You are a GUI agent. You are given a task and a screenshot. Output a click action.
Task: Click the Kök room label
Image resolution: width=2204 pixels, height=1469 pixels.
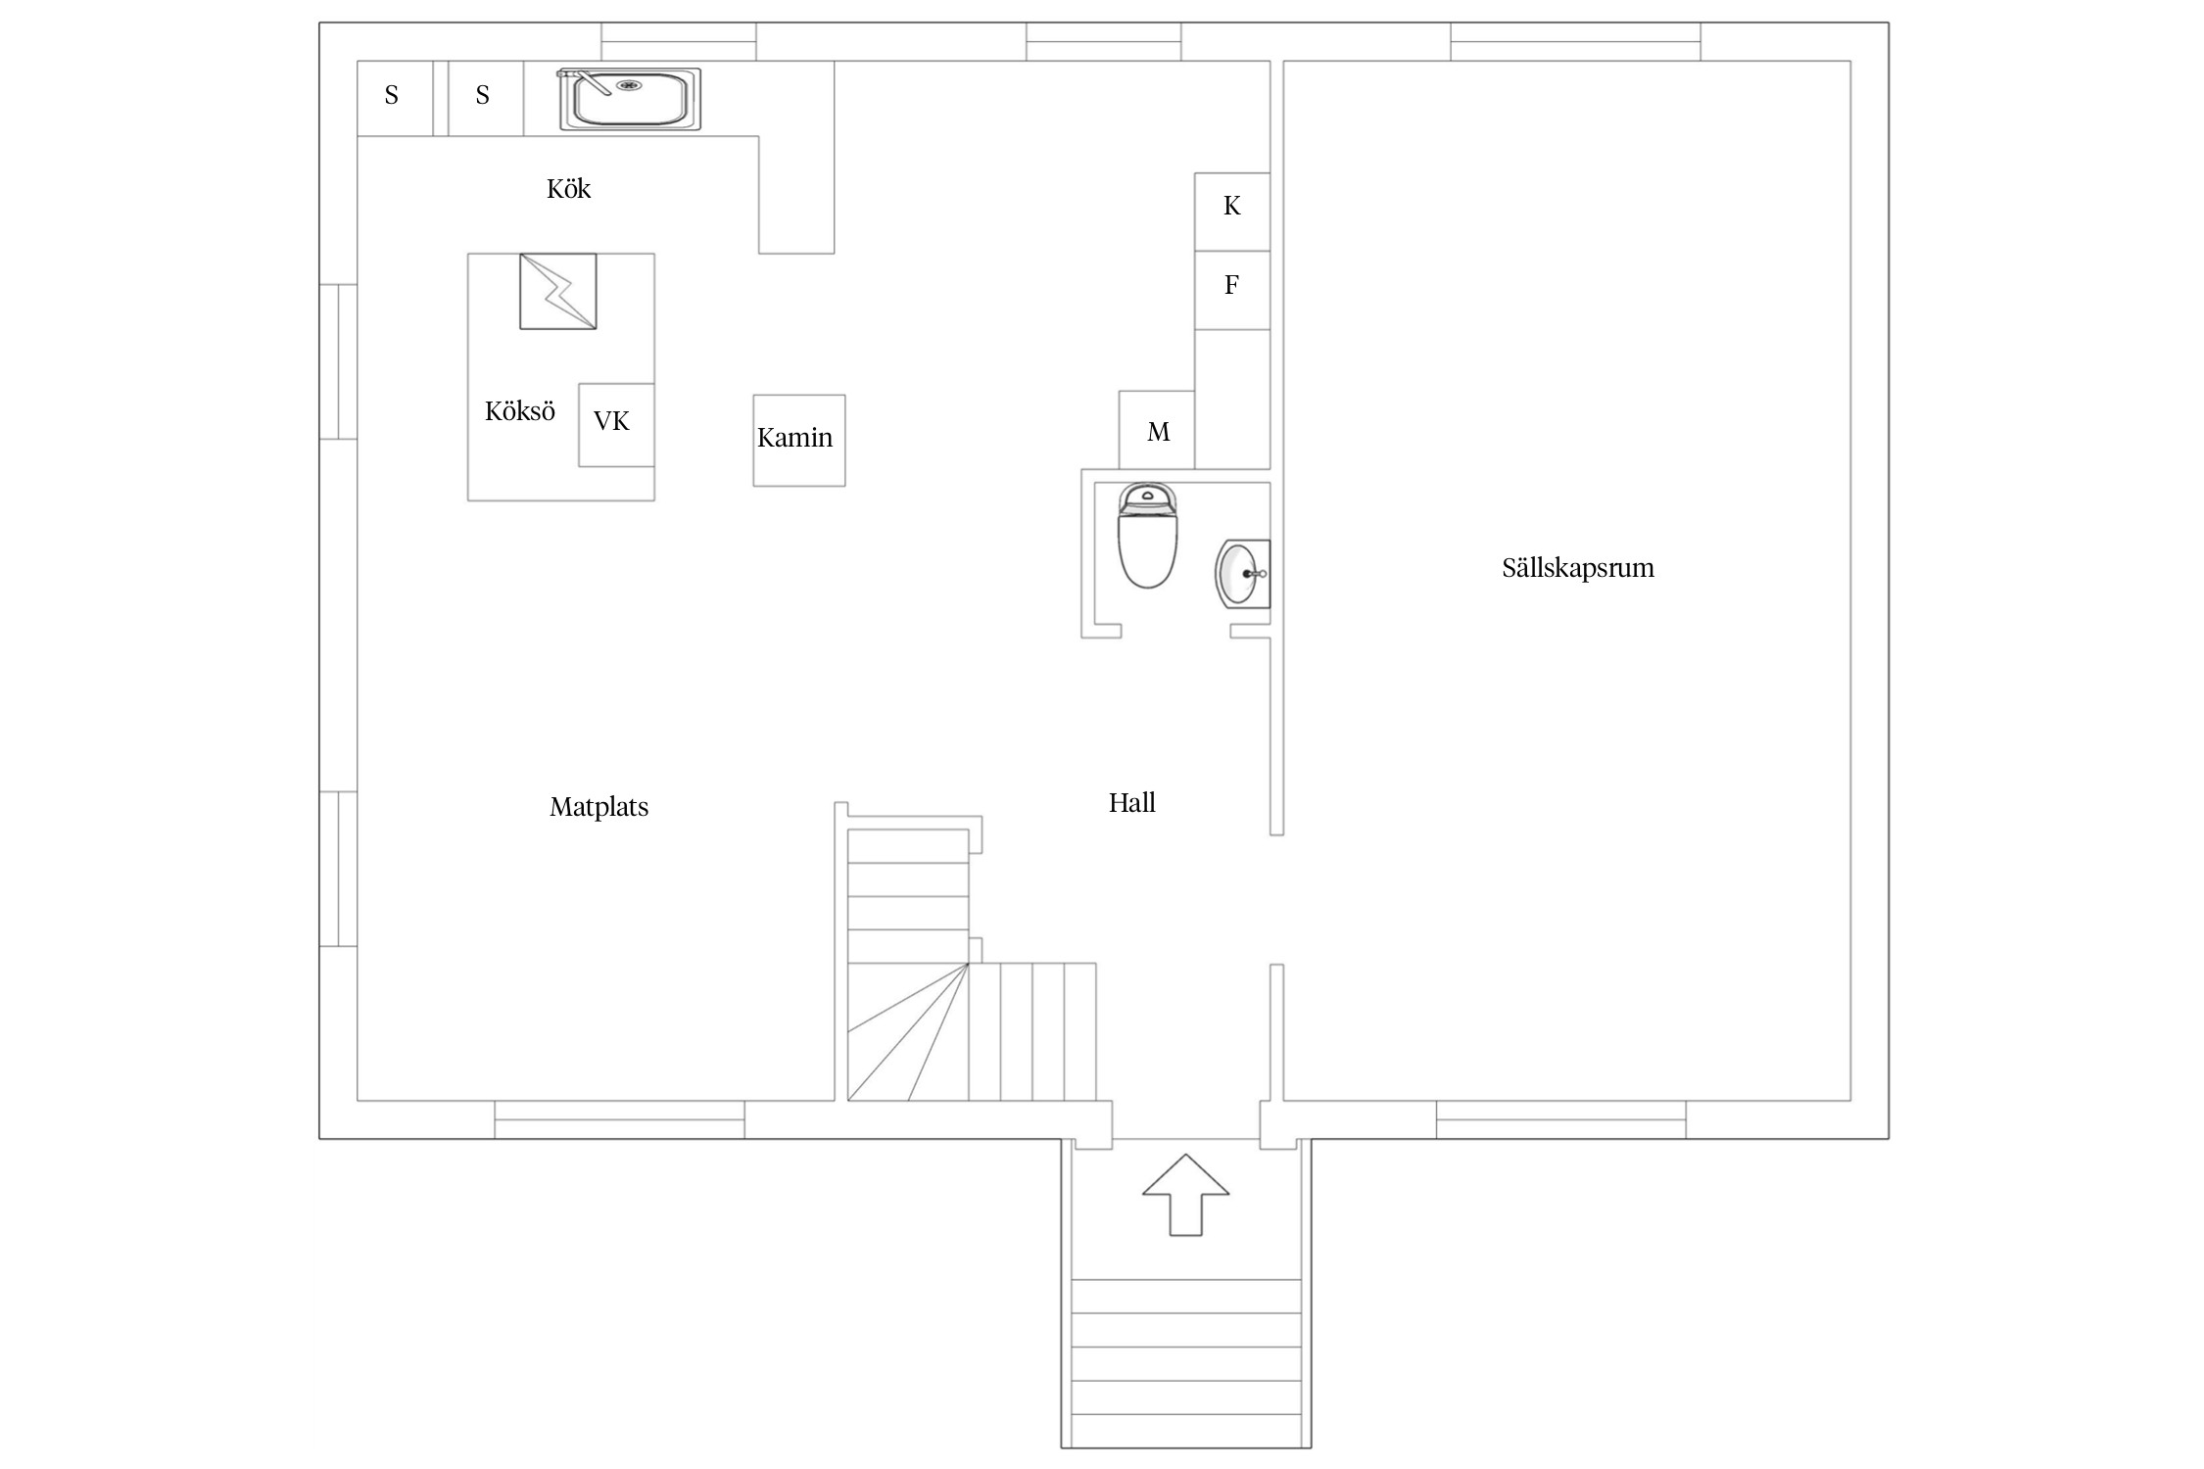pyautogui.click(x=568, y=188)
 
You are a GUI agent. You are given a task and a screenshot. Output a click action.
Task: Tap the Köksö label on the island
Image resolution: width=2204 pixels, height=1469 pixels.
pyautogui.click(x=519, y=410)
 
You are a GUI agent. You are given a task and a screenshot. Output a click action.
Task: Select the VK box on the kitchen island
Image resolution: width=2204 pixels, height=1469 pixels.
pyautogui.click(x=616, y=425)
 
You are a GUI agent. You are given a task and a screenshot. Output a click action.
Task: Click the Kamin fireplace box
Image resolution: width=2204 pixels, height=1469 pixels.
pyautogui.click(x=798, y=440)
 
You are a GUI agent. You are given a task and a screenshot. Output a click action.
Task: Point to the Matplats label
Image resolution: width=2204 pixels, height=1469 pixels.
pyautogui.click(x=599, y=807)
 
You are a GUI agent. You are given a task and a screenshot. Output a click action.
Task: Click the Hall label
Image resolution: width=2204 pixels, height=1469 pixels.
pyautogui.click(x=1131, y=803)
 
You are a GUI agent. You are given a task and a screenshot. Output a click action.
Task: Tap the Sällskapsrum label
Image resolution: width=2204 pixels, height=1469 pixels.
pyautogui.click(x=1577, y=568)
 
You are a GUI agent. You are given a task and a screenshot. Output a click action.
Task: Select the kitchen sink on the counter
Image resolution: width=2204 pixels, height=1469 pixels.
pyautogui.click(x=630, y=98)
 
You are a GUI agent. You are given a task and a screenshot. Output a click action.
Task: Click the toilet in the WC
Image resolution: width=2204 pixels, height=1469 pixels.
pyautogui.click(x=1147, y=535)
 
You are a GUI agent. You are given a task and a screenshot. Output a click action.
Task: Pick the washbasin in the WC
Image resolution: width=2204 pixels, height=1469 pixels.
pyautogui.click(x=1242, y=574)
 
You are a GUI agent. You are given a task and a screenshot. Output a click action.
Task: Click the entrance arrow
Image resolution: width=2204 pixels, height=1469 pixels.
pyautogui.click(x=1185, y=1194)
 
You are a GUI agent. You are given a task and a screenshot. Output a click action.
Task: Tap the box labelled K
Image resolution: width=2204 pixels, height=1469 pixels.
pyautogui.click(x=1232, y=212)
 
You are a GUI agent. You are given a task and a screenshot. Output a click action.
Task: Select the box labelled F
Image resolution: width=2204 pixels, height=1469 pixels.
pyautogui.click(x=1232, y=290)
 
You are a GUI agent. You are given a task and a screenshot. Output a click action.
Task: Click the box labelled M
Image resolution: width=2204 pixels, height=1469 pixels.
pyautogui.click(x=1157, y=430)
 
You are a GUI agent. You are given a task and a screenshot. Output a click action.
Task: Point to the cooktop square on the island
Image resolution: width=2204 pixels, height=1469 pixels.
pyautogui.click(x=557, y=291)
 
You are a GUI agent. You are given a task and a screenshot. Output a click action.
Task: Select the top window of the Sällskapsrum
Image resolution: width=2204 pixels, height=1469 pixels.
pyautogui.click(x=1575, y=41)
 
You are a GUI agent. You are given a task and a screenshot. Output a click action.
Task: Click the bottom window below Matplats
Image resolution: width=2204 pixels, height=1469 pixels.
pyautogui.click(x=619, y=1119)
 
